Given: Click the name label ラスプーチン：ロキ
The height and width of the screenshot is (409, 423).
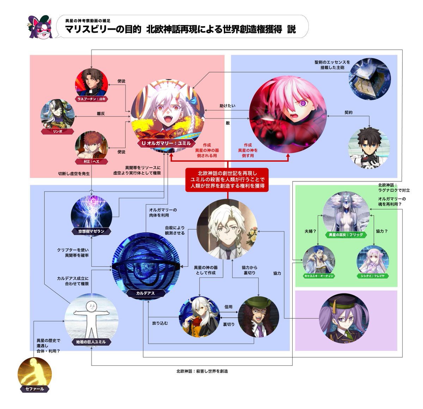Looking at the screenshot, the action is (x=91, y=99).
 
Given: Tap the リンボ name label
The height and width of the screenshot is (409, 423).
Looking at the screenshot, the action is (x=57, y=131).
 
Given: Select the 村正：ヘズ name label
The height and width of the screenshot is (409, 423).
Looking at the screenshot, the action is (x=91, y=162).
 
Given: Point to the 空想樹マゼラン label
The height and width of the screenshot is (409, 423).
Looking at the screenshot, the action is (x=91, y=231).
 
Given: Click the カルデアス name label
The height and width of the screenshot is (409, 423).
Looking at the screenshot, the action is (x=145, y=293).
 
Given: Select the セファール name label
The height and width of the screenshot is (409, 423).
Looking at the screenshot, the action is (x=35, y=389).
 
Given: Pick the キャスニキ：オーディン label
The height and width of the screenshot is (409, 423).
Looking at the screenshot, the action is (x=319, y=276).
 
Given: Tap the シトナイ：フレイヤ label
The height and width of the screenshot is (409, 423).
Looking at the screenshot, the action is (x=373, y=276).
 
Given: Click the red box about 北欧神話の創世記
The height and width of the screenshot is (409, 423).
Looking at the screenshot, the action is (x=227, y=180).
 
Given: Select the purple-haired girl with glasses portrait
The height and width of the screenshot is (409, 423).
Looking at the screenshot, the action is (x=344, y=318).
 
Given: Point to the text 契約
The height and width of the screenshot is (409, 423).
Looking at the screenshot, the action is (x=348, y=112).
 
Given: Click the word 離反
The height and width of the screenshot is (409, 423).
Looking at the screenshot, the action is (x=101, y=114).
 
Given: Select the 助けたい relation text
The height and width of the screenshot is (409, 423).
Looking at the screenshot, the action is (x=227, y=106).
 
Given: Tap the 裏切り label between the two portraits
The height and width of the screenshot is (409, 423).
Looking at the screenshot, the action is (x=228, y=324).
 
